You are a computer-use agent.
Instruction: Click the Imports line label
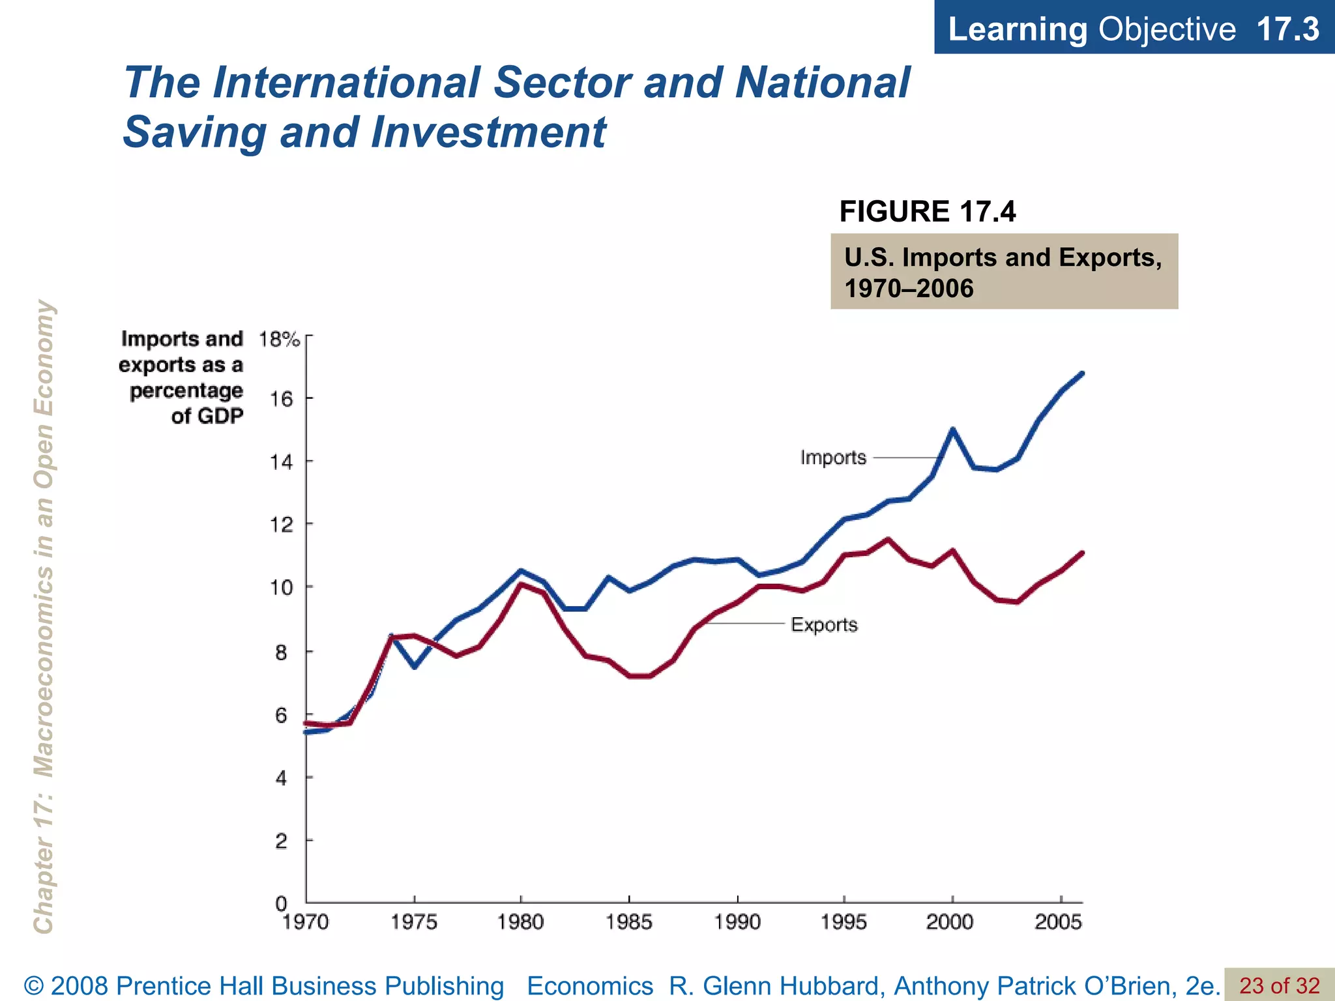[x=832, y=457]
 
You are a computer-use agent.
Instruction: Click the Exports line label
[x=824, y=625]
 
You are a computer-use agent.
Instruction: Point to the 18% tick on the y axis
[x=279, y=340]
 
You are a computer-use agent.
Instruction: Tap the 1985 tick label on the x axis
[x=628, y=922]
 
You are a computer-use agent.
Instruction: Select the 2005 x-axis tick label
[x=1058, y=922]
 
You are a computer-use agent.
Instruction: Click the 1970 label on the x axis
[x=305, y=922]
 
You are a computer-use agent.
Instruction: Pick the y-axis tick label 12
[x=281, y=525]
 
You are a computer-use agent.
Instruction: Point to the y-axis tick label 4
[x=281, y=778]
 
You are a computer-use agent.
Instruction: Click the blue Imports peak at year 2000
[x=952, y=430]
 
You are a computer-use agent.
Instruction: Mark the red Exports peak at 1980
[x=520, y=584]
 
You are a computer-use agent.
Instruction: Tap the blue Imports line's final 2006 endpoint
[x=1082, y=373]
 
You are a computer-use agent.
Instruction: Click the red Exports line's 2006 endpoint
[x=1082, y=553]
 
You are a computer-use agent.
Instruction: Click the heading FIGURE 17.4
[x=927, y=212]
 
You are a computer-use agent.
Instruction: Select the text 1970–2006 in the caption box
[x=909, y=288]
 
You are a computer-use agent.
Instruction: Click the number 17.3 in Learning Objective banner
[x=1287, y=29]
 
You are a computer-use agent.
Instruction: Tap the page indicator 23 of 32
[x=1279, y=985]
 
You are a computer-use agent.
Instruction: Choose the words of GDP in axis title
[x=207, y=416]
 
